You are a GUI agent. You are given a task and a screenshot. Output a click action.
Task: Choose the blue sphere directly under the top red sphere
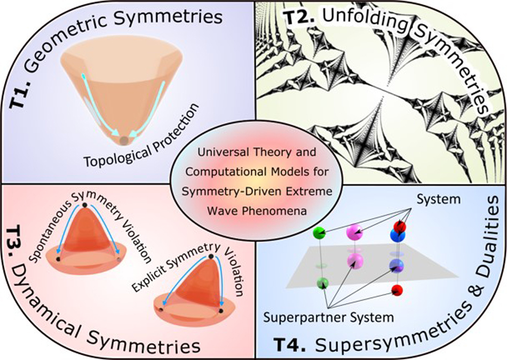(x=396, y=235)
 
